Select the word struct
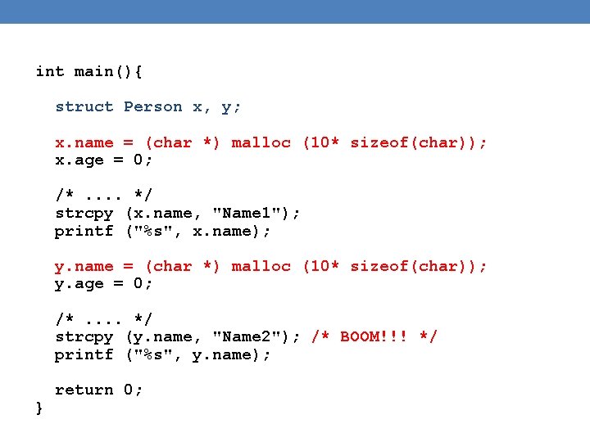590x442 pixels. [84, 106]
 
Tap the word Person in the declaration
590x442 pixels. [152, 106]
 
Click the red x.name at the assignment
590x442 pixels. [84, 142]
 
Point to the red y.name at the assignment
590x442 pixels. [84, 266]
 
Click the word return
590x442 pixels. [84, 390]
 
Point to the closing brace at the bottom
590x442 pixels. [40, 408]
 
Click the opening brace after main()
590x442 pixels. [138, 71]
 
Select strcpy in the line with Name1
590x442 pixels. [84, 213]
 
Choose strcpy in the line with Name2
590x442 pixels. [84, 336]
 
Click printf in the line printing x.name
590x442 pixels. [84, 231]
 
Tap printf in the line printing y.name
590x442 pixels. [84, 354]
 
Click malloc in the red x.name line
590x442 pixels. [261, 142]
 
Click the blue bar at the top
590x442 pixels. [295, 11]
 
